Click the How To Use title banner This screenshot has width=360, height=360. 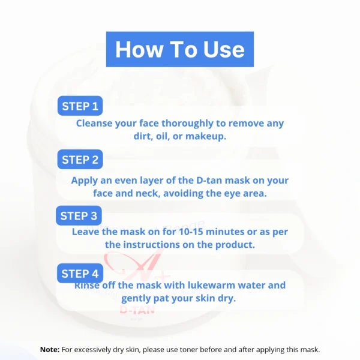tap(180, 49)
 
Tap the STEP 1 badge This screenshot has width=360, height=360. tap(80, 107)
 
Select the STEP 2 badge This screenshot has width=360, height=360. tap(80, 160)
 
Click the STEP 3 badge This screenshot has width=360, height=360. tap(80, 215)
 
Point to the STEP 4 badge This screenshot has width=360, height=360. tap(80, 274)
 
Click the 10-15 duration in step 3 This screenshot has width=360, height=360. tap(182, 231)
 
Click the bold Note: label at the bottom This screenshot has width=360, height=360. tap(49, 349)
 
